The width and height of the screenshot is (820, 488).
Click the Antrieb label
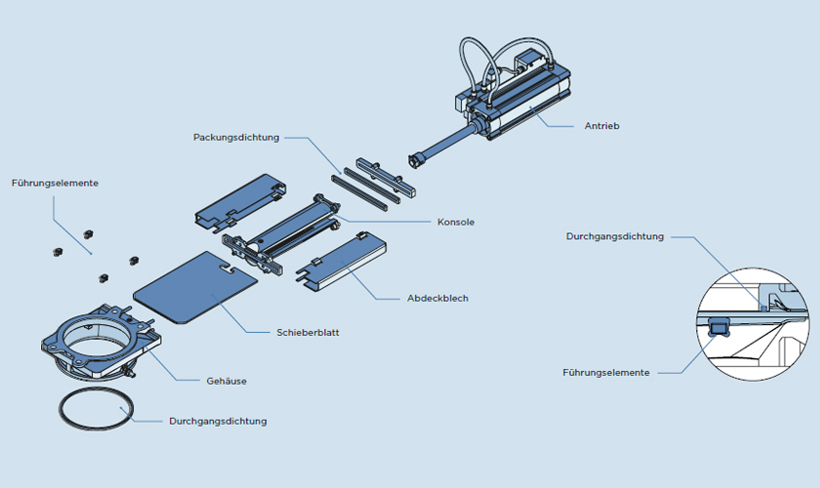click(601, 126)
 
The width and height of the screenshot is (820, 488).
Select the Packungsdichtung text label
click(236, 138)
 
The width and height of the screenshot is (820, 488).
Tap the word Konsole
click(455, 223)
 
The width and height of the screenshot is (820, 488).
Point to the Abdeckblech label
click(437, 298)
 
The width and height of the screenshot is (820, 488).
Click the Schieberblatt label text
click(307, 333)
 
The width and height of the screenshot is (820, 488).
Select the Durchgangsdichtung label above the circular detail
click(615, 236)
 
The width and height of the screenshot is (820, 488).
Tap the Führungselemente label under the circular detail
click(605, 372)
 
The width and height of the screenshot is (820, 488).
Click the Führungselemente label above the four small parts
click(55, 183)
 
